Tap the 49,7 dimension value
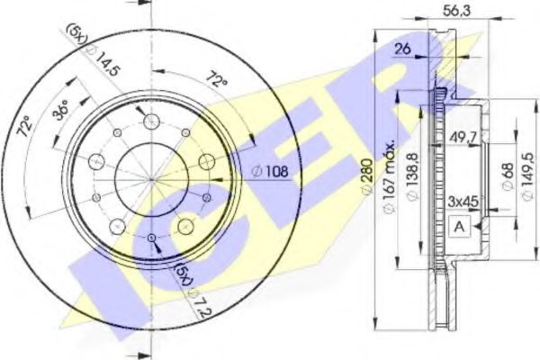pos(460,136)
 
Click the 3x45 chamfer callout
pos(462,202)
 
